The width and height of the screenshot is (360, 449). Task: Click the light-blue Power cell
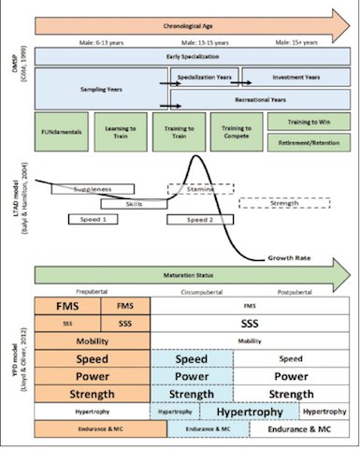click(x=192, y=376)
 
